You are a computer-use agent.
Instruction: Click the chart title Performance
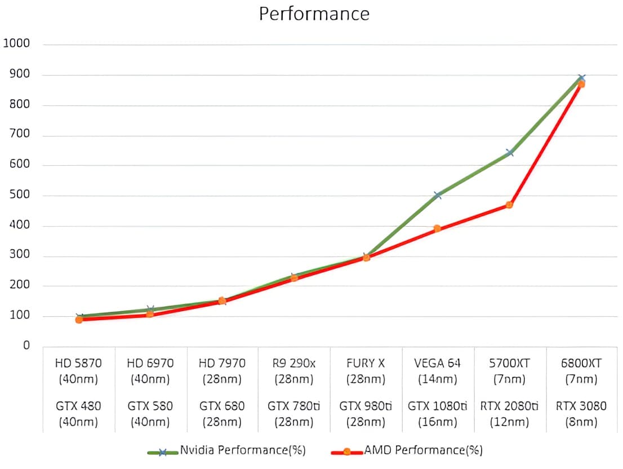314,14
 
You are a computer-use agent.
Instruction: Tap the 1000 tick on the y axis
16,44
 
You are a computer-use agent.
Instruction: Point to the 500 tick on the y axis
19,196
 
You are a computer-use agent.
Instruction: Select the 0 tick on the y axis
26,346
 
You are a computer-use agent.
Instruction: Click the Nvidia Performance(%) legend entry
242,450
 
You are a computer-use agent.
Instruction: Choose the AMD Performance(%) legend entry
423,450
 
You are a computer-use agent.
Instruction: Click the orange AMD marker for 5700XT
509,205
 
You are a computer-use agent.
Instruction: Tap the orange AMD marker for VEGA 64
437,228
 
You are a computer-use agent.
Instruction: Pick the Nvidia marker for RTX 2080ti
510,152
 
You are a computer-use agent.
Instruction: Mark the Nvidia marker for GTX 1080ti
438,195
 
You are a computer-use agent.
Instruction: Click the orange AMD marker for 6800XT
581,84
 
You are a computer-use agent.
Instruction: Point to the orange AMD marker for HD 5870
79,320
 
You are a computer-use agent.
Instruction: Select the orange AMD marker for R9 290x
294,277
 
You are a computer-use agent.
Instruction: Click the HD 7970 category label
222,364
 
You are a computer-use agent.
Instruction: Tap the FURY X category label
366,364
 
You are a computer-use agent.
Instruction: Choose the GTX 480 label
79,406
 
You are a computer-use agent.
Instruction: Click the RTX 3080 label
581,406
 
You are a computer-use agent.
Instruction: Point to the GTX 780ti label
293,406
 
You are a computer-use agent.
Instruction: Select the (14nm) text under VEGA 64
437,379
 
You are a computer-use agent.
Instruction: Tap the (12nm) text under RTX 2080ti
509,422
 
